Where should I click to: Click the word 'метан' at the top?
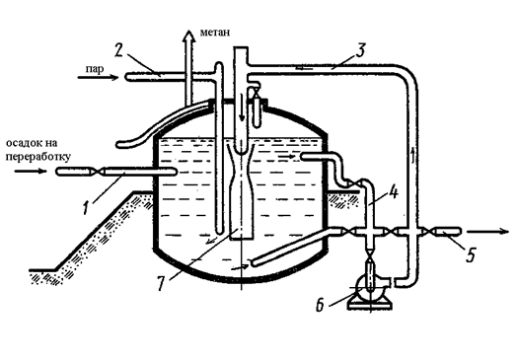click(215, 33)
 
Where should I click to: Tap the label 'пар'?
click(95, 69)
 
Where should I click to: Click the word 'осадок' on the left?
click(23, 143)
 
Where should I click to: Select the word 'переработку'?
click(38, 156)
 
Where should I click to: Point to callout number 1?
click(86, 208)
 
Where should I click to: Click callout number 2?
click(119, 50)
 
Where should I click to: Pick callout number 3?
click(361, 50)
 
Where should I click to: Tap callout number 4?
click(394, 191)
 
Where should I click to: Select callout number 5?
click(471, 255)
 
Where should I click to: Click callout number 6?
click(320, 306)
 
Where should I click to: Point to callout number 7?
click(161, 283)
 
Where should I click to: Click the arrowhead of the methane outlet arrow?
click(188, 35)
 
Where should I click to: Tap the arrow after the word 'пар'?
click(98, 78)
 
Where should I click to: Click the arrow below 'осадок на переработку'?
click(31, 171)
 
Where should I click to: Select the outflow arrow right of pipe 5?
click(488, 232)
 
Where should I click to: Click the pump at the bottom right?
click(370, 292)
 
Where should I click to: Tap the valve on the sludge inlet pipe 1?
click(97, 172)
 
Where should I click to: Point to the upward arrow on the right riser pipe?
click(412, 156)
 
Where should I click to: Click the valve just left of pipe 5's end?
click(427, 232)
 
